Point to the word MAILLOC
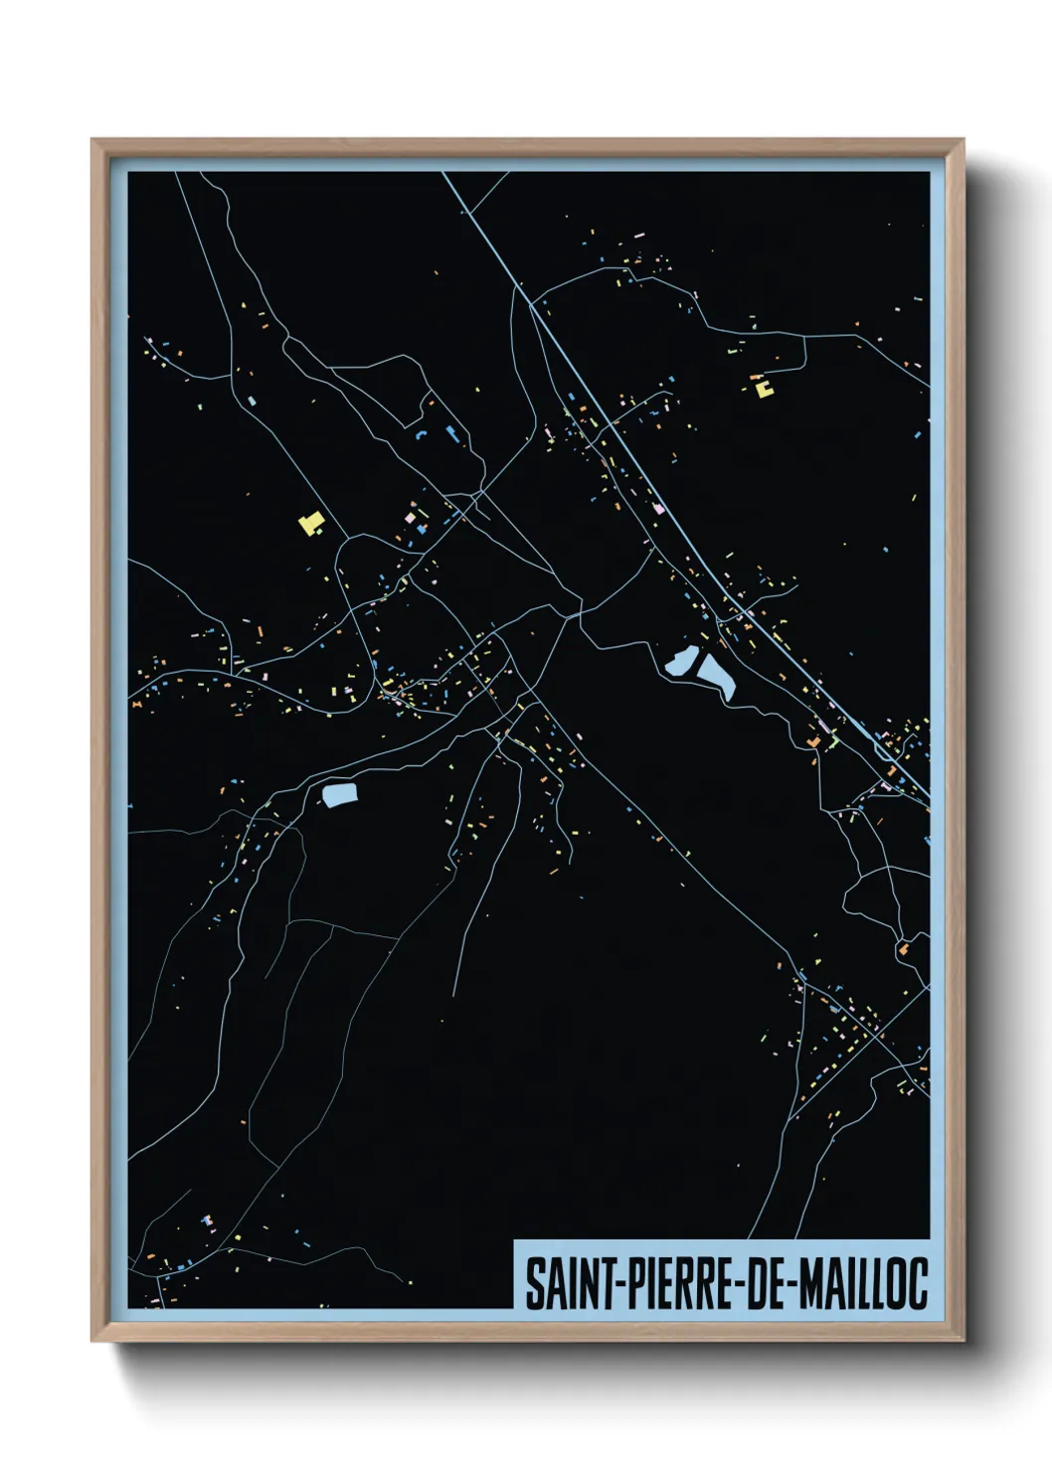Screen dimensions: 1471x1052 (x=862, y=1283)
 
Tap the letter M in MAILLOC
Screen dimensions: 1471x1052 (x=810, y=1283)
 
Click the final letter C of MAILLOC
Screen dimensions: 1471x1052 (x=918, y=1283)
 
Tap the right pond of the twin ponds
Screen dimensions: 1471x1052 (x=716, y=675)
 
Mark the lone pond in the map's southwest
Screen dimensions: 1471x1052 (x=339, y=794)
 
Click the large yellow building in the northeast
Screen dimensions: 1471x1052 (x=764, y=389)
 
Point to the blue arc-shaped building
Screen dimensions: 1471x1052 (x=421, y=435)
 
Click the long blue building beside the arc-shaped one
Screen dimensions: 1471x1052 (x=451, y=432)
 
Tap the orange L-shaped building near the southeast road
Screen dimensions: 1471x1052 (x=813, y=741)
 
